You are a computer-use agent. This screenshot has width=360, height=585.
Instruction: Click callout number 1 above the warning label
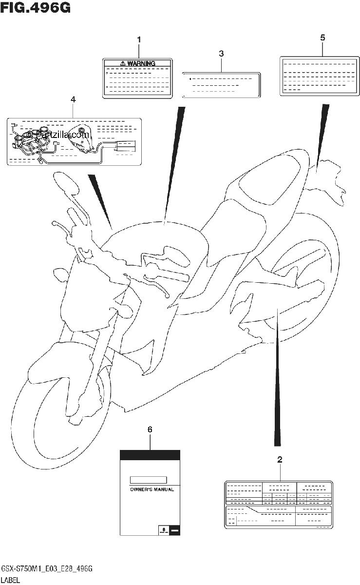[x=139, y=39]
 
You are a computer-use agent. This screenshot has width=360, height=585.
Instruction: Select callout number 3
[x=221, y=54]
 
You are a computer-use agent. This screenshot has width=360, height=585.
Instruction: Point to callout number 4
[x=73, y=99]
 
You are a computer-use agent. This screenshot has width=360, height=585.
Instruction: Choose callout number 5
[x=322, y=38]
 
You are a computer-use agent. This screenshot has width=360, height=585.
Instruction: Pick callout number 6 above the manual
[x=150, y=429]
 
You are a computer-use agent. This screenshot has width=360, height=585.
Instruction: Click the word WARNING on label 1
[x=141, y=63]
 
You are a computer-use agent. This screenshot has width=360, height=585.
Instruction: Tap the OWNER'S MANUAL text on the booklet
[x=152, y=489]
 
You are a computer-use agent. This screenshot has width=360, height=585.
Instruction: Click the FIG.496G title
[x=36, y=7]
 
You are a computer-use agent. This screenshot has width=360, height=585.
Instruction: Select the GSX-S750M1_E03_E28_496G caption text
[x=47, y=569]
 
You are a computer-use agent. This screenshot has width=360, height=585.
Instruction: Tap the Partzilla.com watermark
[x=58, y=135]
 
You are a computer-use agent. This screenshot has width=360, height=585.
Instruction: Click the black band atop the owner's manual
[x=150, y=455]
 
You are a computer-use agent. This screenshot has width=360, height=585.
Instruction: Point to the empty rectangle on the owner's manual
[x=148, y=480]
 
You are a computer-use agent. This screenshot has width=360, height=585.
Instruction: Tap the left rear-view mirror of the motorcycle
[x=65, y=182]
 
